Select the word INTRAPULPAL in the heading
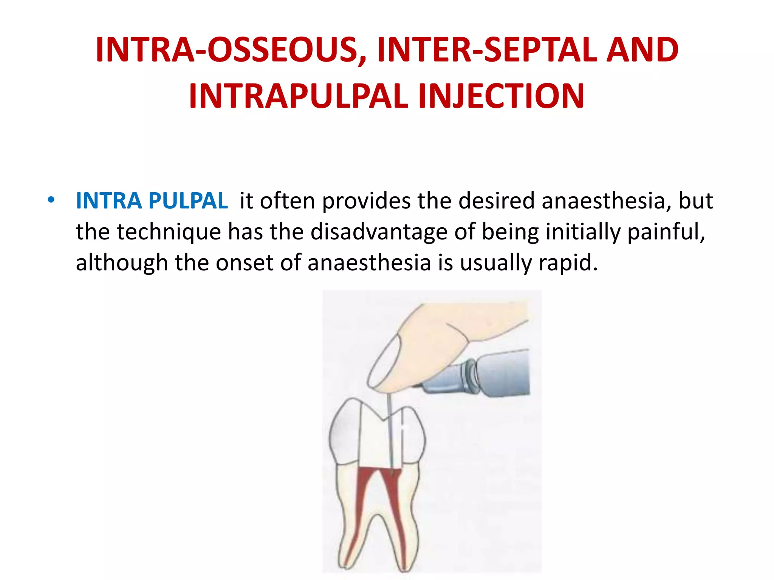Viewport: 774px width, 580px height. tap(299, 96)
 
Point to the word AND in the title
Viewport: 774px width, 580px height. tap(642, 50)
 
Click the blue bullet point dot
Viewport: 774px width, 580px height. tap(51, 199)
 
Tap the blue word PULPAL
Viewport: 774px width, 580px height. tap(188, 201)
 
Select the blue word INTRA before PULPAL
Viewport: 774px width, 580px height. tap(108, 201)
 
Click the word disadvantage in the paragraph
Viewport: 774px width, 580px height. tap(379, 231)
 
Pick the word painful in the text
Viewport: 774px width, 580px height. tap(666, 231)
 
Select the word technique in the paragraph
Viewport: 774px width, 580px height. tap(169, 231)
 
